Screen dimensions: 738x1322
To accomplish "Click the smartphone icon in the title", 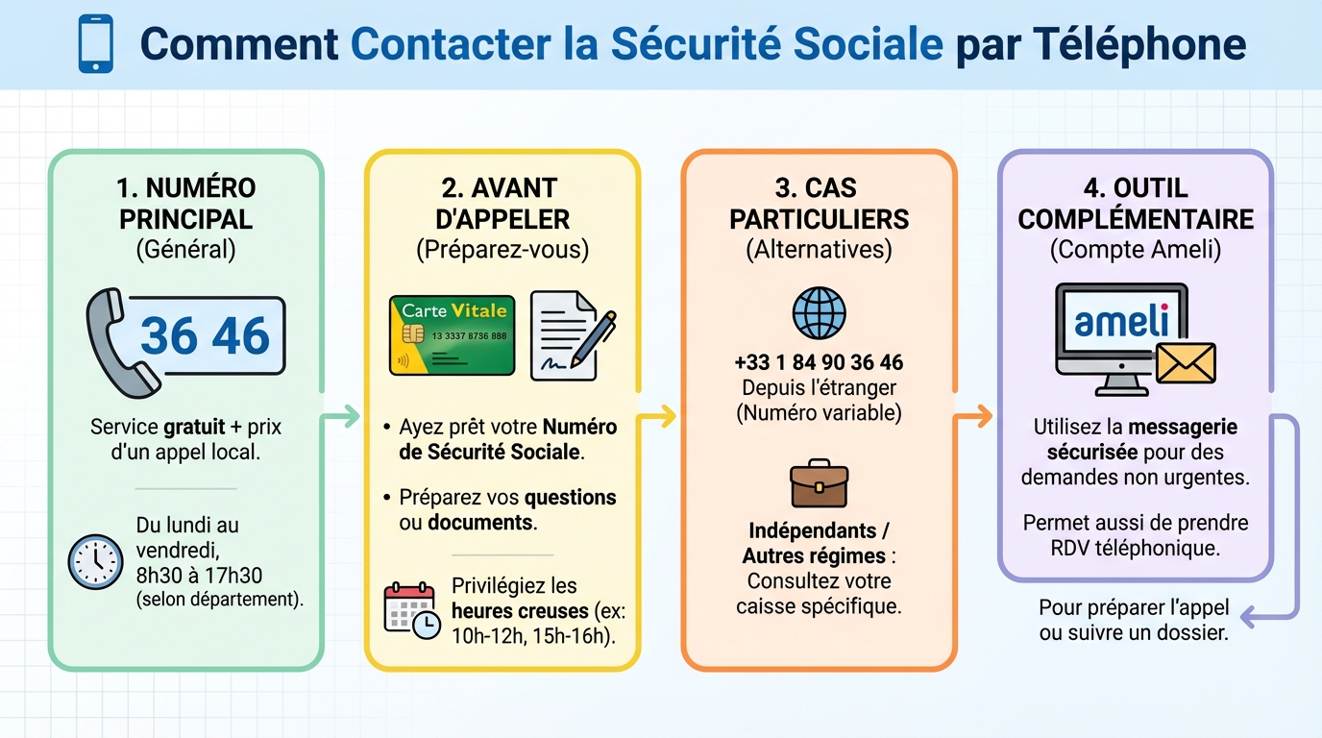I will pyautogui.click(x=95, y=44).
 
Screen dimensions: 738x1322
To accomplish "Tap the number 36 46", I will pyautogui.click(x=206, y=335).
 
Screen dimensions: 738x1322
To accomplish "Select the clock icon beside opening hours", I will pyautogui.click(x=96, y=561).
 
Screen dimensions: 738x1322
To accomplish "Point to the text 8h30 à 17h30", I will pyautogui.click(x=199, y=575).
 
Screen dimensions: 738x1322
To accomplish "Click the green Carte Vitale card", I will pyautogui.click(x=452, y=335).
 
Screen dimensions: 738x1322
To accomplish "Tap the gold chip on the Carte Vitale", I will pyautogui.click(x=413, y=333).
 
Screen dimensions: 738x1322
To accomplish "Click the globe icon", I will pyautogui.click(x=819, y=313).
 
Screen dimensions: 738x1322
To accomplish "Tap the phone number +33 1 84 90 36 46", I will pyautogui.click(x=819, y=363).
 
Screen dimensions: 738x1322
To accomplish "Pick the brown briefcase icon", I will pyautogui.click(x=819, y=483).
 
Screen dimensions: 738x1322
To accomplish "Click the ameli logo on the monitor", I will pyautogui.click(x=1121, y=321).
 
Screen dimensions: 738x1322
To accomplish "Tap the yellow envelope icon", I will pyautogui.click(x=1186, y=363).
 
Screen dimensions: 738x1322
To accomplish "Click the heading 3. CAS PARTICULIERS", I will pyautogui.click(x=819, y=203).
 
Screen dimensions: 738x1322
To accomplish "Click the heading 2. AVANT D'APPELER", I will pyautogui.click(x=502, y=203).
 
